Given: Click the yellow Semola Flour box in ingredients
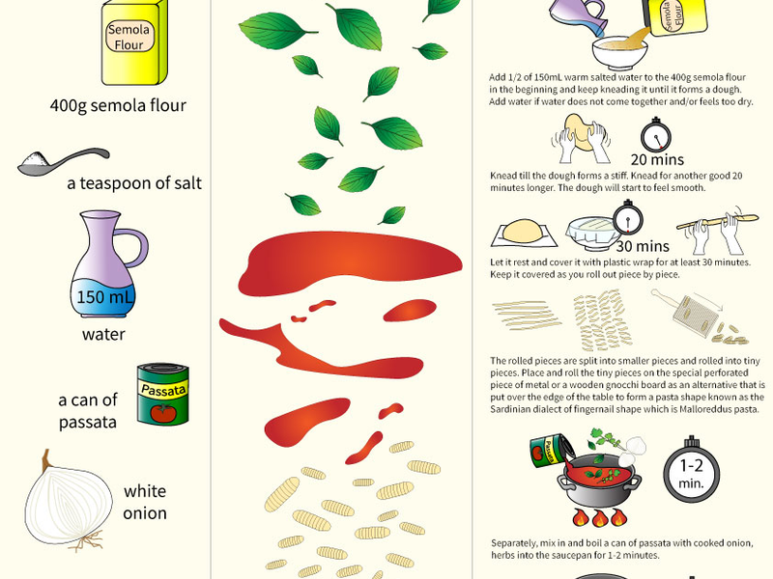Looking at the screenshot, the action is coord(134,42).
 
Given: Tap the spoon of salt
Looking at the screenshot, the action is coord(63,161).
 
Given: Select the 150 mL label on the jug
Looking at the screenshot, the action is coord(104,297).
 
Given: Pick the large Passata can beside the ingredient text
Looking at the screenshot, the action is coord(162,395).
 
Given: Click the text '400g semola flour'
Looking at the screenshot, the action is coord(118,105).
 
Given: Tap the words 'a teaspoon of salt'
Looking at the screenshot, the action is coord(134,183).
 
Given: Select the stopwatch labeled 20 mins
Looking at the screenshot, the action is coord(656,135).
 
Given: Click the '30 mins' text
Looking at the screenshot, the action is coord(643,246).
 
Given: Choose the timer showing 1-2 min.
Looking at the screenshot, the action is coord(691,469).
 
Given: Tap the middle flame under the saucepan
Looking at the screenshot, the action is coord(599,518).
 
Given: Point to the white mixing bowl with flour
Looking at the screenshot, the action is coord(620,52).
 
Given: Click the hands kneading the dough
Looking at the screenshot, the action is coord(582,139).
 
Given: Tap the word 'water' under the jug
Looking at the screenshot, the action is coord(103,334).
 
